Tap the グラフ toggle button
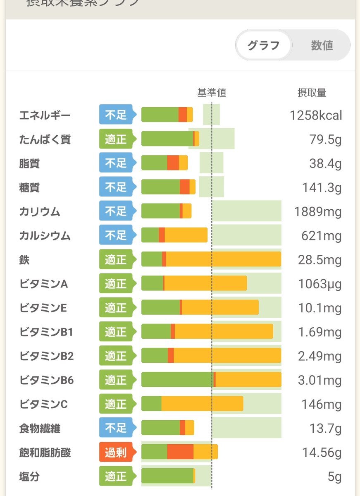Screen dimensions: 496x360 tap(263, 45)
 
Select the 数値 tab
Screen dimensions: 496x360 tap(322, 45)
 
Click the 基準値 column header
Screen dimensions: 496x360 tap(212, 93)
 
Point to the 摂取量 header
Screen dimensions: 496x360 tap(312, 93)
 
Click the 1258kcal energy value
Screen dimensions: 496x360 tap(316, 115)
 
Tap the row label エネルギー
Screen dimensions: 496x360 tap(45, 115)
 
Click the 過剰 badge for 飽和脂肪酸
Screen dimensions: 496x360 tap(116, 453)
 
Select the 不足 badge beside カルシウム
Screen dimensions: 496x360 tap(116, 235)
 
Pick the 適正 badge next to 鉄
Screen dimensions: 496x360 tap(116, 259)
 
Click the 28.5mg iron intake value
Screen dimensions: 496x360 tap(319, 260)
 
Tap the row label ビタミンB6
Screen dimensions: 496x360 tap(47, 380)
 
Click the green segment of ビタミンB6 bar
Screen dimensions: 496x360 tap(177, 380)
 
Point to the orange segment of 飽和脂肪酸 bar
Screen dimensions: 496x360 tap(180, 452)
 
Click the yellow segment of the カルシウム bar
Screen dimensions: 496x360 tap(186, 235)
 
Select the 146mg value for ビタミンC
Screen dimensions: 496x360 tap(322, 404)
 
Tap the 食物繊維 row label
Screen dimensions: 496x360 tap(40, 429)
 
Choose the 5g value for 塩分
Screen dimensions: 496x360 tap(334, 477)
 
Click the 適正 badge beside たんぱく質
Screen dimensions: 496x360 tap(116, 139)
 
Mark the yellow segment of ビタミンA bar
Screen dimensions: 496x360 tap(205, 283)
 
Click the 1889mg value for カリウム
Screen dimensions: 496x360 tap(318, 212)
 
